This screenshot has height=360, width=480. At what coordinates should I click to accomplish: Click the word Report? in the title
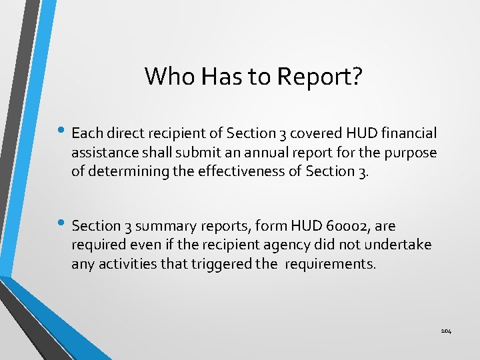tap(321, 76)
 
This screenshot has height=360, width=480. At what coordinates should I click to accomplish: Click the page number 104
tap(446, 331)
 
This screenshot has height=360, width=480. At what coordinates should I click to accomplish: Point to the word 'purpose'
tap(411, 153)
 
